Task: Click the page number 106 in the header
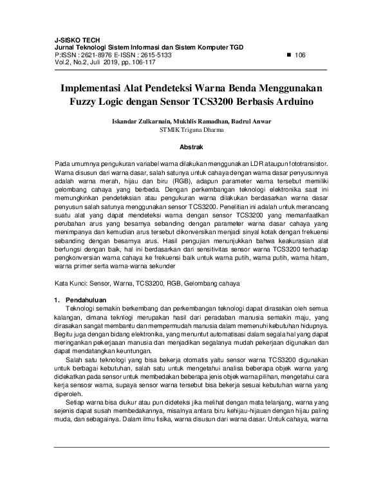(300, 55)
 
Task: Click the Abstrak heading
(191, 147)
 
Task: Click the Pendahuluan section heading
(86, 300)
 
